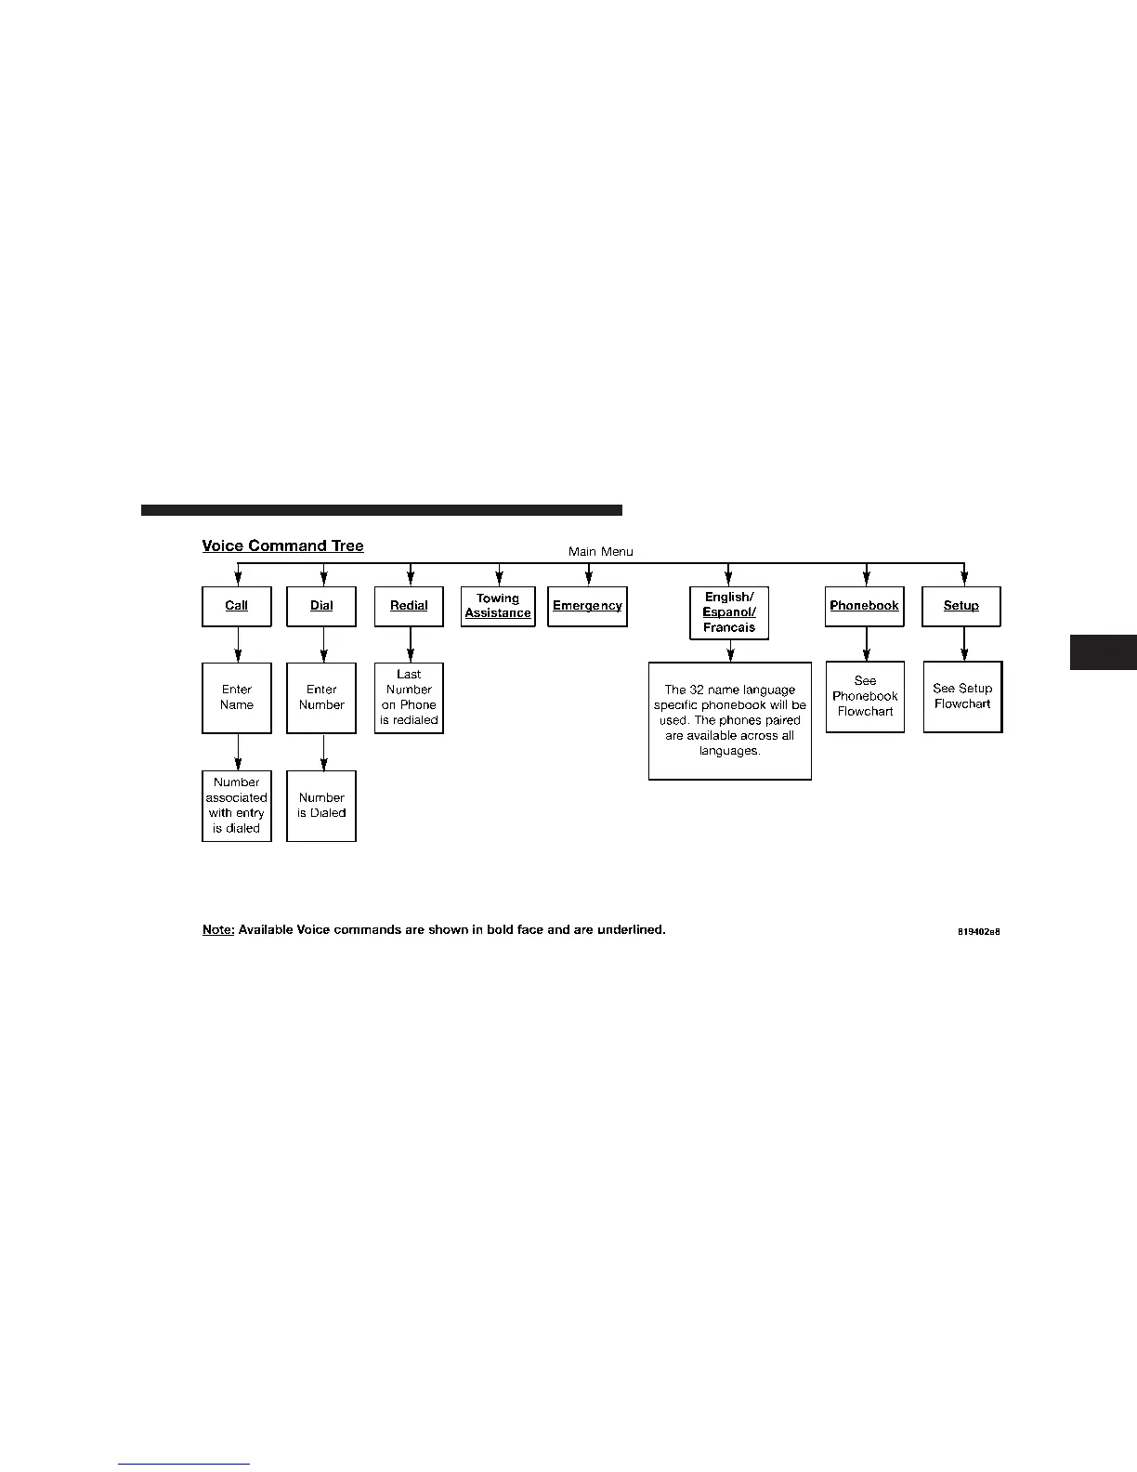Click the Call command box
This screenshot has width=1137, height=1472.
tap(237, 606)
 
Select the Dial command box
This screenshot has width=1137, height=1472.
tap(321, 606)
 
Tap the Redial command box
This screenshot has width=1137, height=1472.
tap(409, 606)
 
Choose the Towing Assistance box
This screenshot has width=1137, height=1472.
tap(498, 606)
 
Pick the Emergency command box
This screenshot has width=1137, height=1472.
tap(587, 606)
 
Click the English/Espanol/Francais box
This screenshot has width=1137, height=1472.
tap(729, 612)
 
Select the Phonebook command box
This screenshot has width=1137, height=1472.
tap(865, 606)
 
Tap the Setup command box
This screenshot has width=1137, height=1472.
tap(961, 606)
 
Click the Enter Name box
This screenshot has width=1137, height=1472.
tap(237, 698)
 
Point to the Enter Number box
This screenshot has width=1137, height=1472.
tap(321, 698)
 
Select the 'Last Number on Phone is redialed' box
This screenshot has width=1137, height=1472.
tap(409, 698)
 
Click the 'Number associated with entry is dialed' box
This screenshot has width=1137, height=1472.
tap(237, 806)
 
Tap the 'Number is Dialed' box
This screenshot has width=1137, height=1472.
tap(321, 806)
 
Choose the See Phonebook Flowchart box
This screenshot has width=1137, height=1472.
tap(865, 697)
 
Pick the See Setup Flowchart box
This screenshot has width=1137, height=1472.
tap(962, 697)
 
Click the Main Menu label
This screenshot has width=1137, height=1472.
tap(601, 551)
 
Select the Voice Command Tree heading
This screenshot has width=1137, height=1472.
tap(283, 546)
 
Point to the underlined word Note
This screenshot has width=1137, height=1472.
tap(218, 929)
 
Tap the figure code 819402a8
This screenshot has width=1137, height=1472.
tap(978, 930)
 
